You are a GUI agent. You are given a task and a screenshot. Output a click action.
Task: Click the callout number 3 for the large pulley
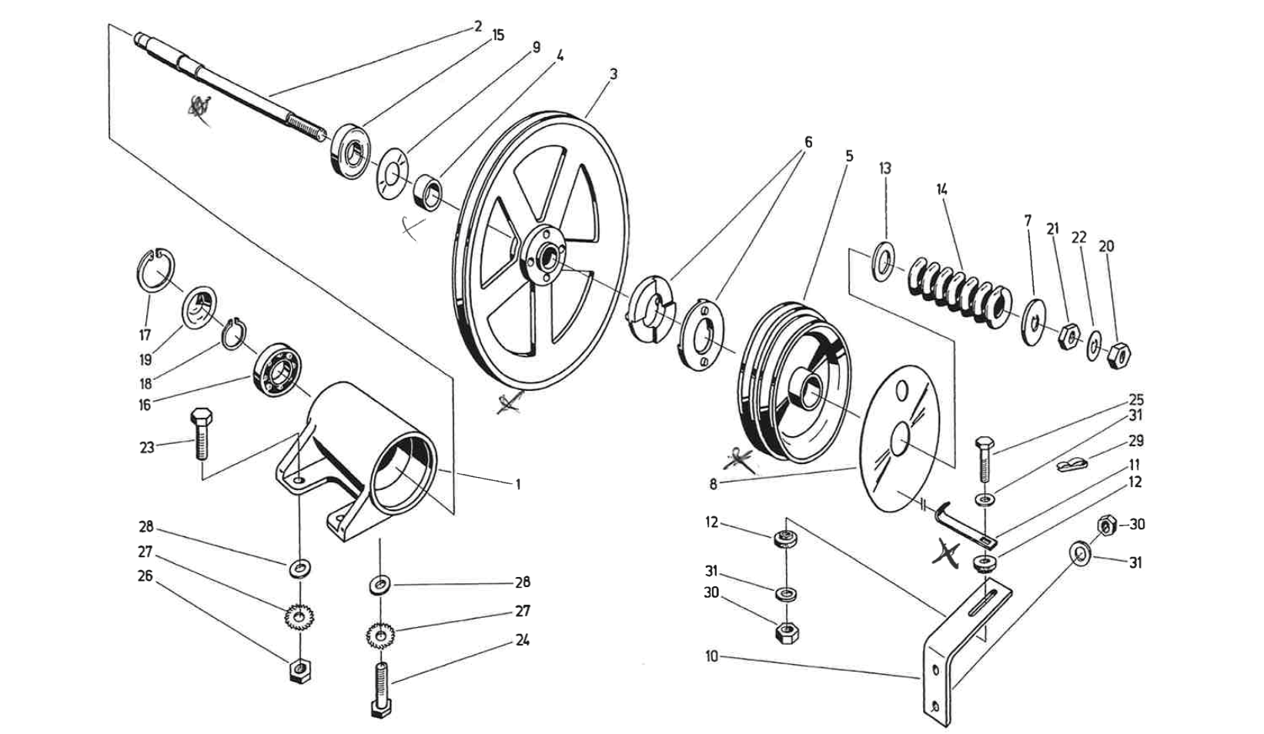point(613,74)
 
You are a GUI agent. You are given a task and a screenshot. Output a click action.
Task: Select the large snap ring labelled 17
point(157,270)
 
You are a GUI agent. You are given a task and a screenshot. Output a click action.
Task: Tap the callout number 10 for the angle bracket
point(711,656)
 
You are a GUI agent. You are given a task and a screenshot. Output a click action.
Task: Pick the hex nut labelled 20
point(1119,355)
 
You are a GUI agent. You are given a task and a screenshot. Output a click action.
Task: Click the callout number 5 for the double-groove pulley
point(849,155)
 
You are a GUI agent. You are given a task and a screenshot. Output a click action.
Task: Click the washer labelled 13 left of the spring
point(882,259)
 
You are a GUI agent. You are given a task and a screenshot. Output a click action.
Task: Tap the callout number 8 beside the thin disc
point(714,485)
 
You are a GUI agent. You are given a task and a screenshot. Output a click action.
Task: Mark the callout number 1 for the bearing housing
point(518,484)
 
